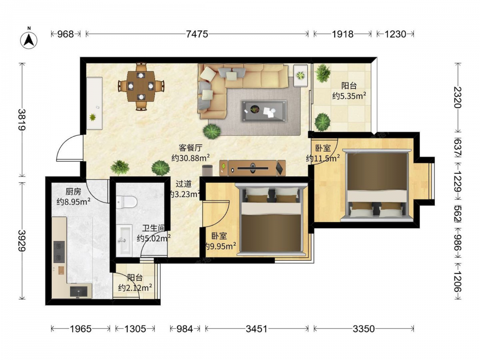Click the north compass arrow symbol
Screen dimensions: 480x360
pos(29,40)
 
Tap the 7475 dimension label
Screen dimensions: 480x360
pos(197,34)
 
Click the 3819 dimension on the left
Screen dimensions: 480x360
pos(22,120)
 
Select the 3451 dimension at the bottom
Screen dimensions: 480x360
pos(256,329)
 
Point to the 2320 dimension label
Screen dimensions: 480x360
pos(457,97)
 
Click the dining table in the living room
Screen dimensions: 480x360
pos(141,86)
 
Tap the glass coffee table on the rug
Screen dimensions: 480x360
pos(264,111)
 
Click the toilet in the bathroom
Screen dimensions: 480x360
pos(126,202)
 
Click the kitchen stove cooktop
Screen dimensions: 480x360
pos(59,252)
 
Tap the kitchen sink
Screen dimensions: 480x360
pos(79,292)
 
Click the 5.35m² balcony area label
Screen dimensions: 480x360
pos(349,96)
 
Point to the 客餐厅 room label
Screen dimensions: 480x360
pos(191,148)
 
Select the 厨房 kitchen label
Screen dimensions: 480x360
pos(73,192)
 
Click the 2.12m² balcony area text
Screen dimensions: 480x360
pos(135,288)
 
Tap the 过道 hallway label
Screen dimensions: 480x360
pos(184,184)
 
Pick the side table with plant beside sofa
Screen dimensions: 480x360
pos(300,75)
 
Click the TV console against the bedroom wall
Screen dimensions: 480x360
pos(252,168)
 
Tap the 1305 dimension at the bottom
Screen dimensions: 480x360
pos(135,329)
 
